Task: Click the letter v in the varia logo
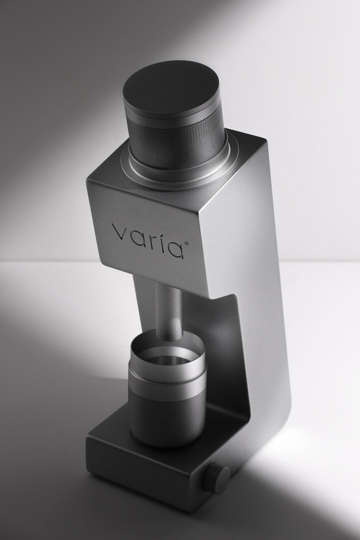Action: coord(119,232)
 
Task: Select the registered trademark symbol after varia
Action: coord(187,243)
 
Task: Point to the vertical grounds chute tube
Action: coord(169,305)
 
